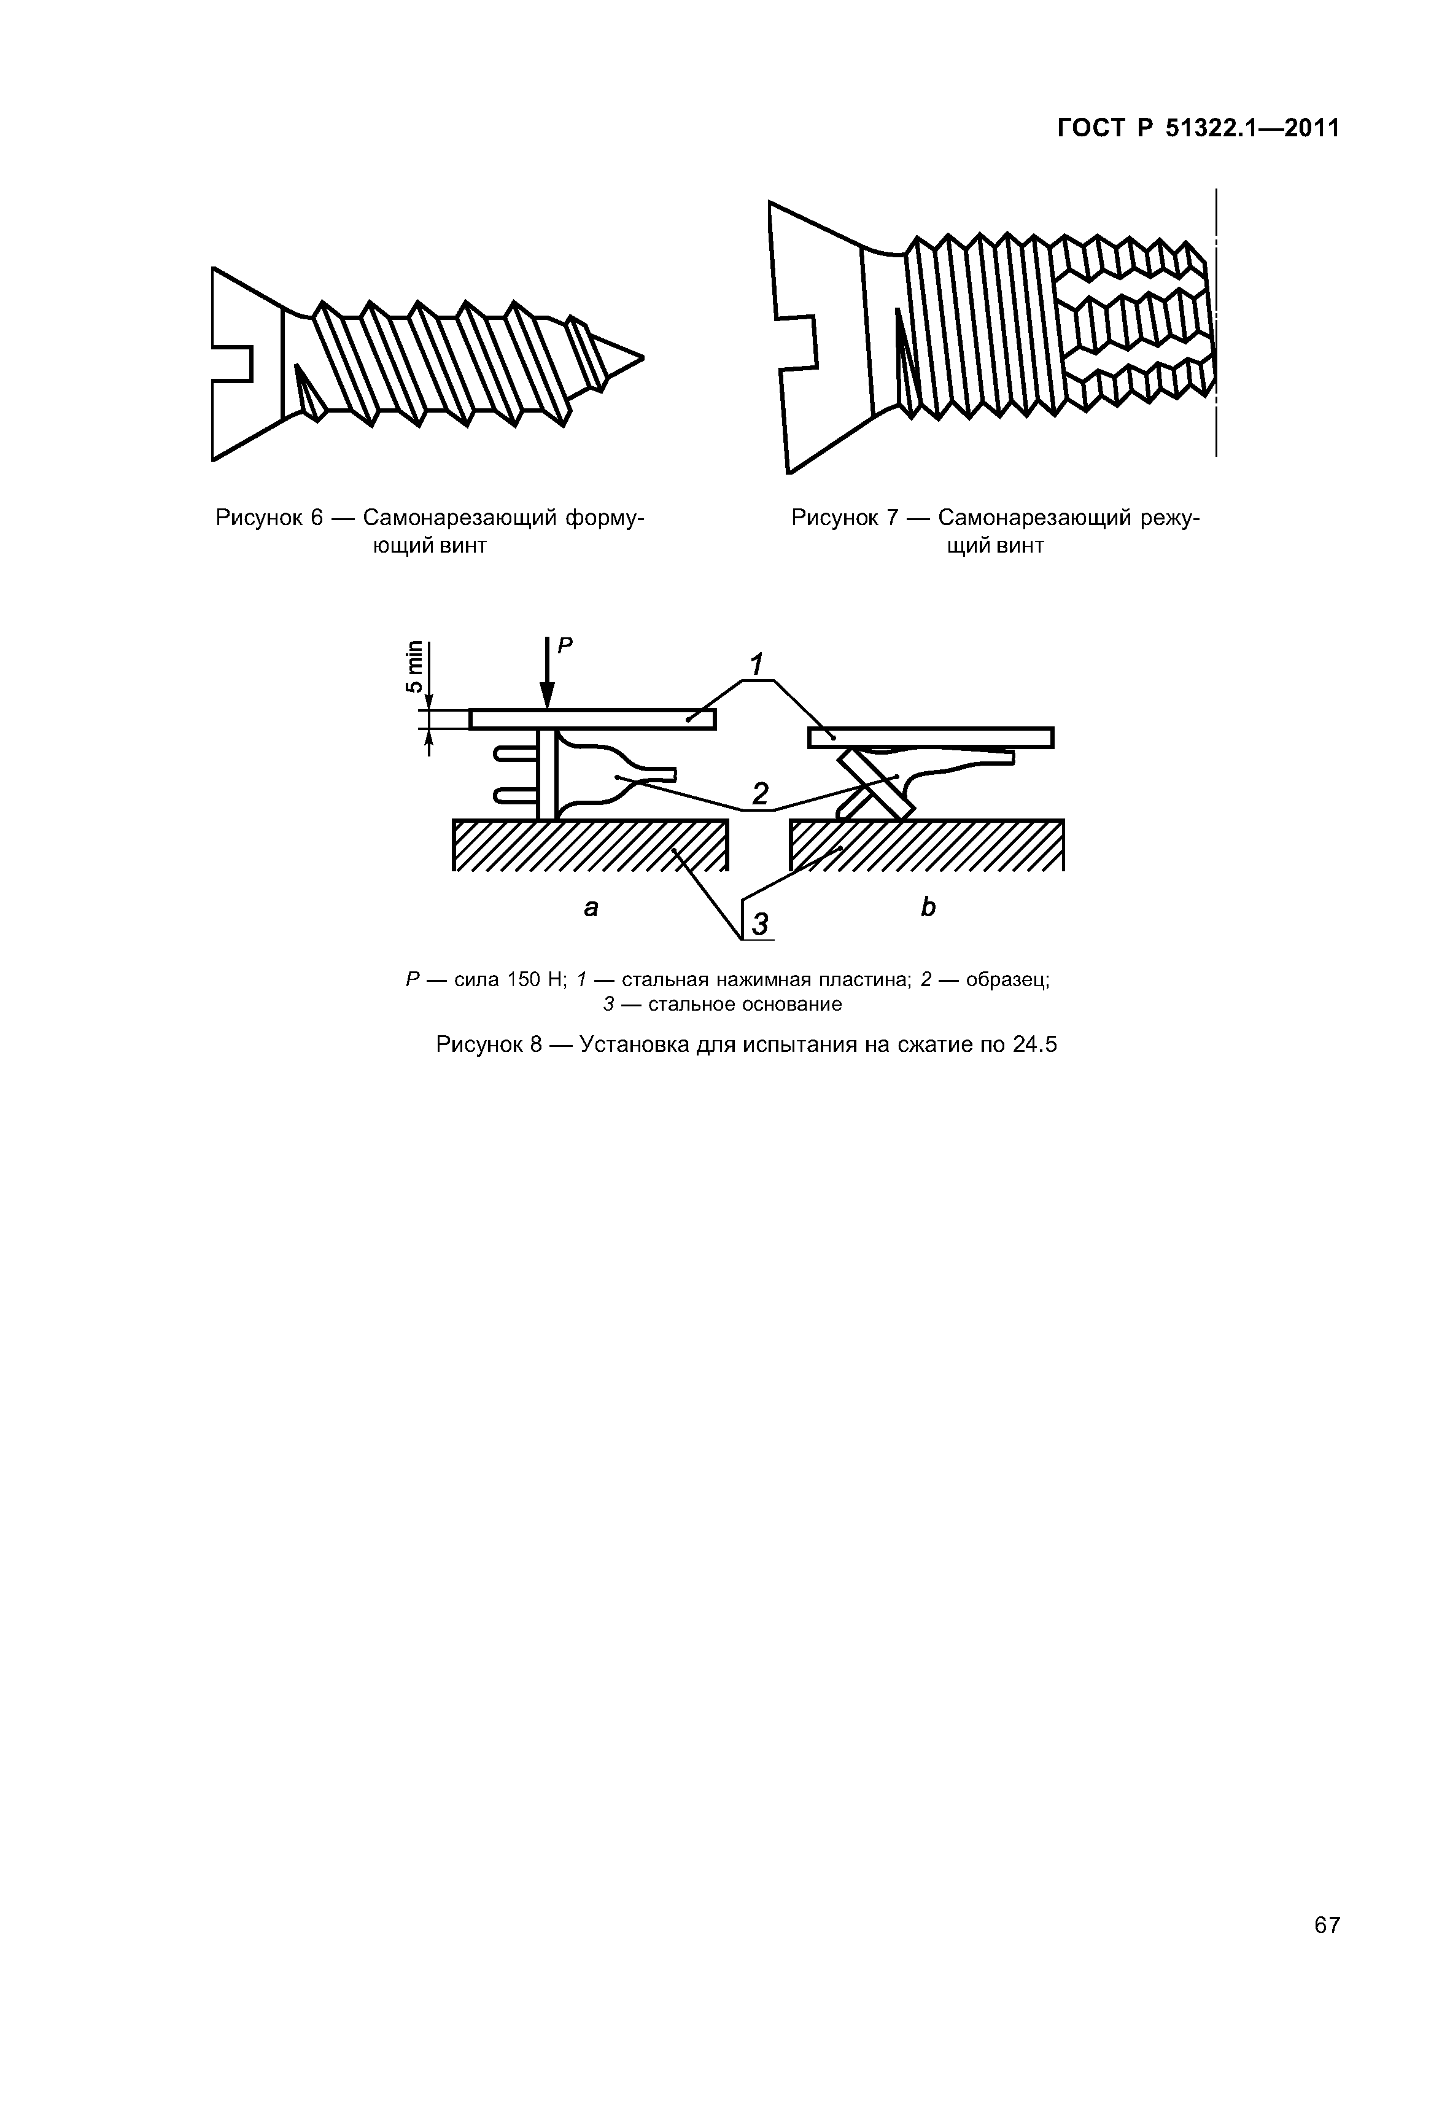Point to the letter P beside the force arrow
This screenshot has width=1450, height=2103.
coord(565,646)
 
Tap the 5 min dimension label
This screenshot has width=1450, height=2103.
coord(414,667)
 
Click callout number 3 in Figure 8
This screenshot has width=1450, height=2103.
coord(759,924)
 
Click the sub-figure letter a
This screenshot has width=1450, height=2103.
coord(591,907)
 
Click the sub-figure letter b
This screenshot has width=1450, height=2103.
coord(928,907)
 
